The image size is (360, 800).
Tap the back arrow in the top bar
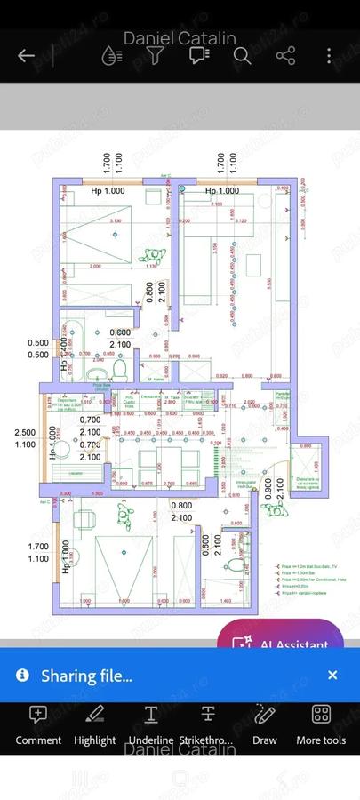26,56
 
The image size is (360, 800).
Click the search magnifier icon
242,56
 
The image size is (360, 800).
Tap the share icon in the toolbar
285,56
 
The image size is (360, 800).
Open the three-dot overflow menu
329,56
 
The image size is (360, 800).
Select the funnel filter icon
155,56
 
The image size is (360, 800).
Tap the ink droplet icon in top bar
111,56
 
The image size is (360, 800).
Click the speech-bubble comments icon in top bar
198,56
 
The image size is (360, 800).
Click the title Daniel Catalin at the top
180,38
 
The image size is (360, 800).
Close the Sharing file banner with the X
332,676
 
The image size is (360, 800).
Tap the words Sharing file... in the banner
86,676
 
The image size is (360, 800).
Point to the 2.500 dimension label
25,433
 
